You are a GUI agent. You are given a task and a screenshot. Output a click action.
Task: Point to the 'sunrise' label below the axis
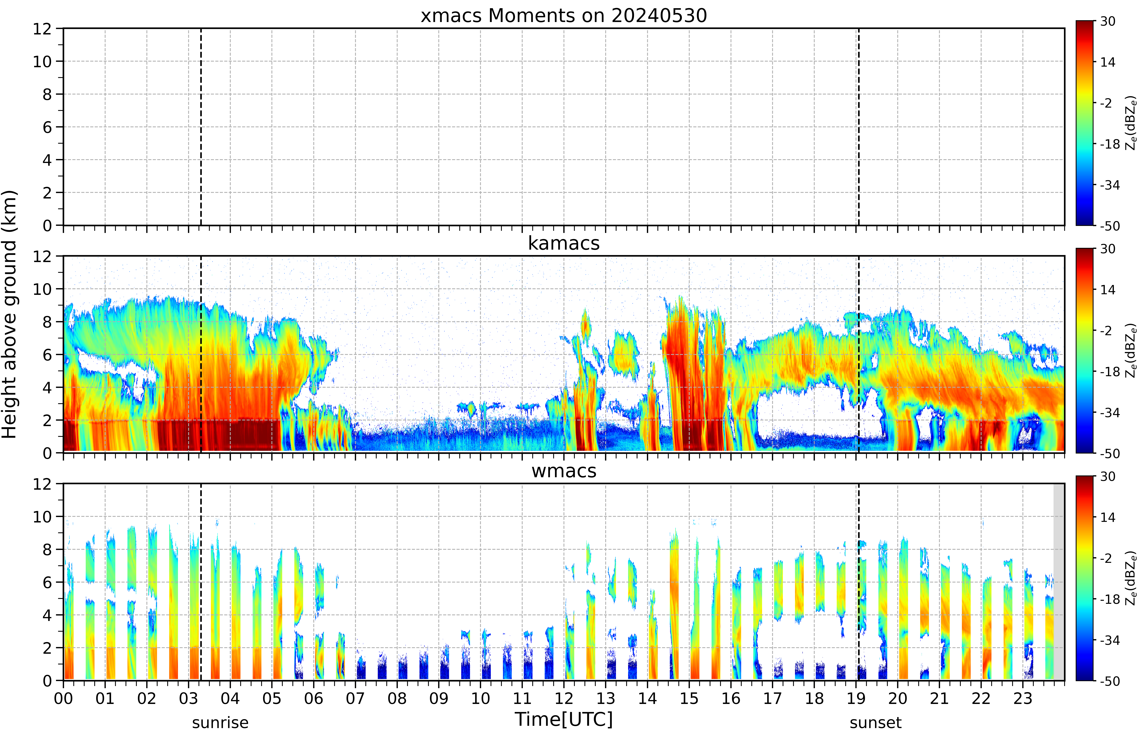220,723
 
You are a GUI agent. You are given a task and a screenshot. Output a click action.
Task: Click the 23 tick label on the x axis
1023,698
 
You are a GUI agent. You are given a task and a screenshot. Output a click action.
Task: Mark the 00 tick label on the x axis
63,698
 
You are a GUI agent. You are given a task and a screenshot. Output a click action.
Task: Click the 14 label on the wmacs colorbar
1108,517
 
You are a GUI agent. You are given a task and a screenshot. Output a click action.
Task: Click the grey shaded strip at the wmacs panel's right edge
1059,582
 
